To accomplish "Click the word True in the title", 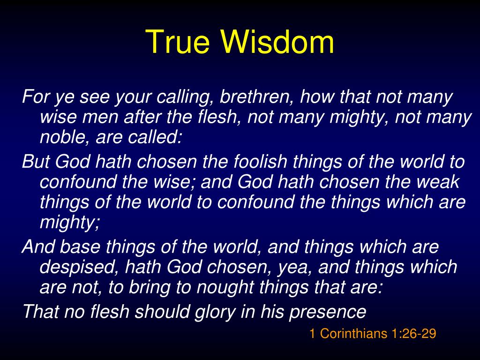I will point(180,42).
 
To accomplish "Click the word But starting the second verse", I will point(36,162).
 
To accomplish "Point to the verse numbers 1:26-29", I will point(414,334).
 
